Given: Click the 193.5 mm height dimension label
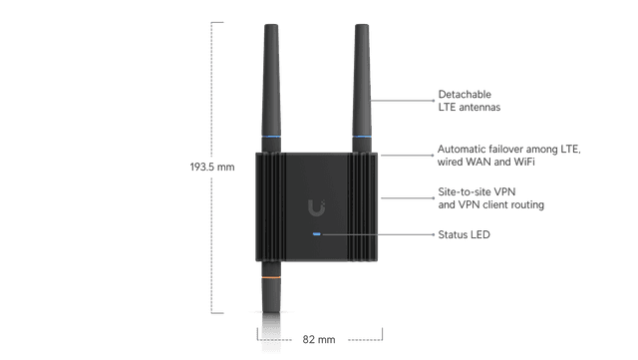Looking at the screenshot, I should coord(210,167).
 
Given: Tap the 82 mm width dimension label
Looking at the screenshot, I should coord(318,340).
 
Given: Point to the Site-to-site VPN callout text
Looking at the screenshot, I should coord(491,198).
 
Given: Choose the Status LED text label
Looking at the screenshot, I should coord(465,235).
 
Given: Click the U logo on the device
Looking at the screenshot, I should coord(318,207).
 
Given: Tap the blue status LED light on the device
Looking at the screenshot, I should coord(317,235).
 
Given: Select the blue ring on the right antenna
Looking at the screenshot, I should coord(362,137).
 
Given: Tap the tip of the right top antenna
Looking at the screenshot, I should coord(362,27).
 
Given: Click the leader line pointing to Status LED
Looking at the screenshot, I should coord(379,235).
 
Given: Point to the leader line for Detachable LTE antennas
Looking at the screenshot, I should coord(404,100).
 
